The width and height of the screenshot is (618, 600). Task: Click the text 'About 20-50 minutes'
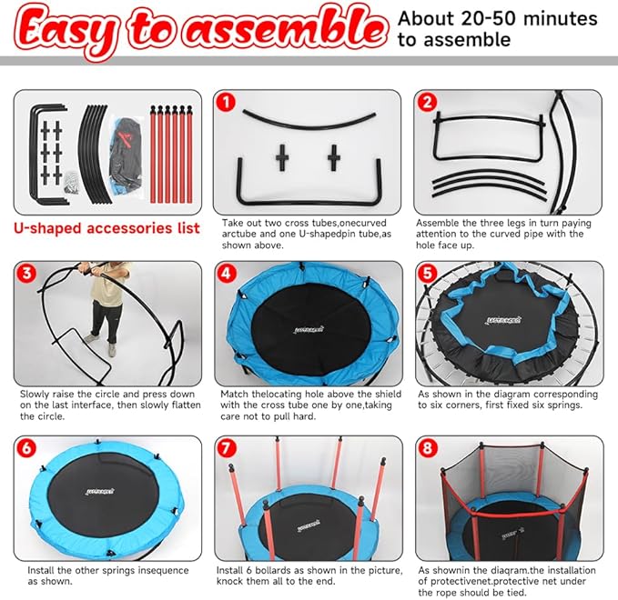[x=498, y=19]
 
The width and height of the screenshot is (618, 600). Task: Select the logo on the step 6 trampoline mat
[x=106, y=497]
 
